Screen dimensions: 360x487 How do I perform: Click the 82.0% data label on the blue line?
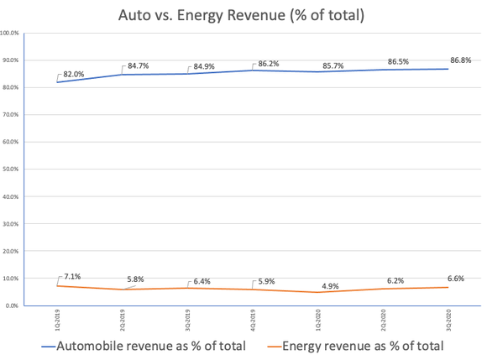click(73, 73)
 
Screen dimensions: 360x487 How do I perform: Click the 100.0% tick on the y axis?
click(12, 34)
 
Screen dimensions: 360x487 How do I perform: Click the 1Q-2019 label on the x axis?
click(56, 321)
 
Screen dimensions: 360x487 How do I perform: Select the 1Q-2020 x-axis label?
click(317, 321)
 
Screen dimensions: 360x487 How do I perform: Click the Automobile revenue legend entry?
click(145, 346)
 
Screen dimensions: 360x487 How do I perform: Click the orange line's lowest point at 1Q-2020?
click(317, 292)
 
